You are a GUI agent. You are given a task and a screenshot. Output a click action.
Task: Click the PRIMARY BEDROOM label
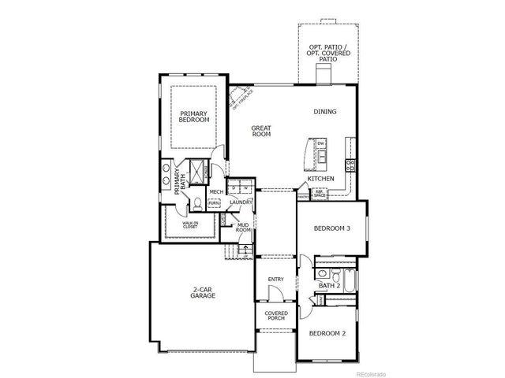(194, 116)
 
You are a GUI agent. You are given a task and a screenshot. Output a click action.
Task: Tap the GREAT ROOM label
(262, 131)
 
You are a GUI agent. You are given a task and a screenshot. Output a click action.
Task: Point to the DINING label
(324, 112)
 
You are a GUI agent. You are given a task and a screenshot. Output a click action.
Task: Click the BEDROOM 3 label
(331, 228)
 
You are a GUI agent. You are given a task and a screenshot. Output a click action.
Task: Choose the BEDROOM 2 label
(327, 334)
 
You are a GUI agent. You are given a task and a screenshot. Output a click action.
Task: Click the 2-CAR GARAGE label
(204, 292)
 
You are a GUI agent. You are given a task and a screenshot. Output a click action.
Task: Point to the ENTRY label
(275, 279)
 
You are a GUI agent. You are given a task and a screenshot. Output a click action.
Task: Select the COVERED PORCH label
(275, 317)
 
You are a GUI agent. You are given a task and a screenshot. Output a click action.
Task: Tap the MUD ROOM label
(244, 228)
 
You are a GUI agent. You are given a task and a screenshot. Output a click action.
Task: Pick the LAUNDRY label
(241, 202)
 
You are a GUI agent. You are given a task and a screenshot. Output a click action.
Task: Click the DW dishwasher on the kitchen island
(321, 143)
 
